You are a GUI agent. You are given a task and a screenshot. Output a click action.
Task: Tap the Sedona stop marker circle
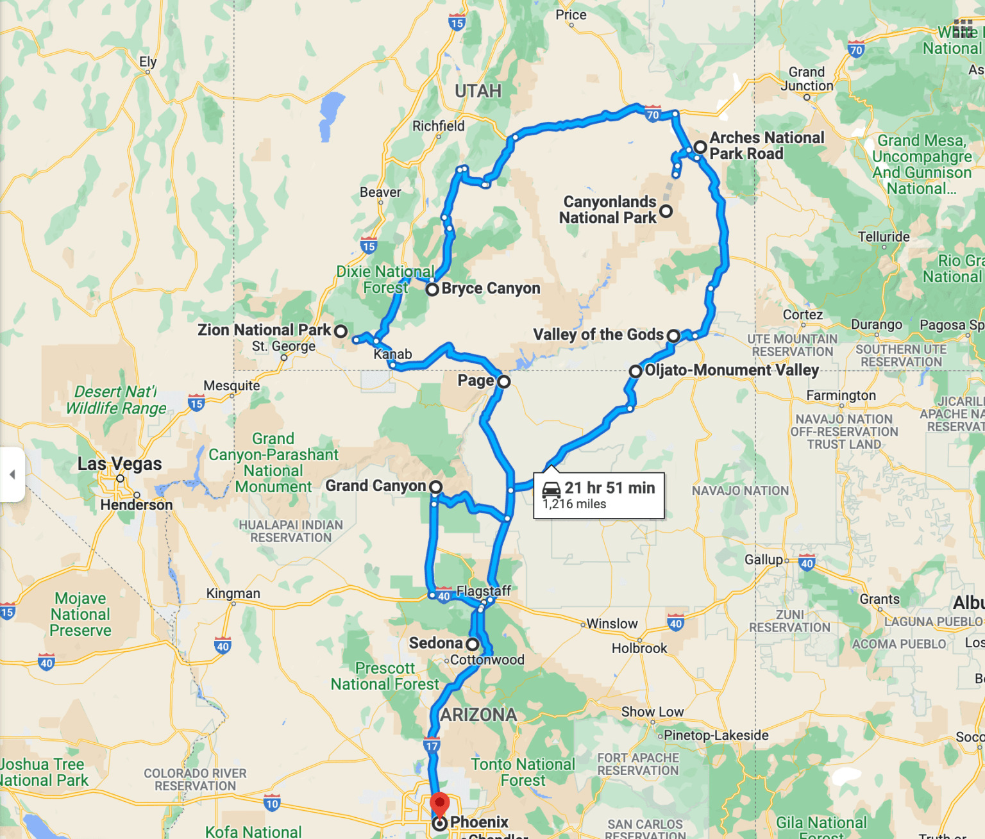click(x=473, y=644)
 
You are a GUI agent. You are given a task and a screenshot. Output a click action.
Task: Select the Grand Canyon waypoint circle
click(x=435, y=487)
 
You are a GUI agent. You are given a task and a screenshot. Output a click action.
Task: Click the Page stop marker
click(x=504, y=382)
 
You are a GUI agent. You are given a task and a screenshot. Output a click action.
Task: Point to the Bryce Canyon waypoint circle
click(x=433, y=289)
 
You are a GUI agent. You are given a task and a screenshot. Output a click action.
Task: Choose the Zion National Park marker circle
click(x=341, y=331)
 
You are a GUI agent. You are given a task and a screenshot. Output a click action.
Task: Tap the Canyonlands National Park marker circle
click(x=666, y=211)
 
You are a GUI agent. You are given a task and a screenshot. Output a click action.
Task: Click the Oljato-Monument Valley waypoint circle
click(x=636, y=371)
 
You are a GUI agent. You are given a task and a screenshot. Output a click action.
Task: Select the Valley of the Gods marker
click(x=673, y=335)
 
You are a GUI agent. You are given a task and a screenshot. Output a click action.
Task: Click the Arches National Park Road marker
click(x=700, y=147)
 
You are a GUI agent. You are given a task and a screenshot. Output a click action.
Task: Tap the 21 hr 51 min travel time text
click(x=609, y=488)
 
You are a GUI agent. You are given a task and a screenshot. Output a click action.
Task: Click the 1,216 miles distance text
click(x=575, y=504)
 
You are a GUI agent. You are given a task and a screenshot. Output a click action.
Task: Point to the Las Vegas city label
click(x=120, y=463)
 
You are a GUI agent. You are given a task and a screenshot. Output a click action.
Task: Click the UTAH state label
click(x=478, y=91)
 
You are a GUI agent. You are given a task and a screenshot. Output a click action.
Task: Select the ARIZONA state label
click(x=478, y=715)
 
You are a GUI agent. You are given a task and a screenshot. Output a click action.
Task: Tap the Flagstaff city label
click(x=484, y=590)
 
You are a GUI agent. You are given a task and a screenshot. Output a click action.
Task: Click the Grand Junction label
click(x=807, y=79)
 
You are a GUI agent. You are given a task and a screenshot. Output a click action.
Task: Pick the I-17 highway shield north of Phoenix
click(x=432, y=745)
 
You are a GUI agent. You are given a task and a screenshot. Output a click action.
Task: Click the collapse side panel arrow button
click(x=12, y=474)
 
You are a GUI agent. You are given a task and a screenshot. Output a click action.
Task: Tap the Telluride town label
click(x=884, y=237)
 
